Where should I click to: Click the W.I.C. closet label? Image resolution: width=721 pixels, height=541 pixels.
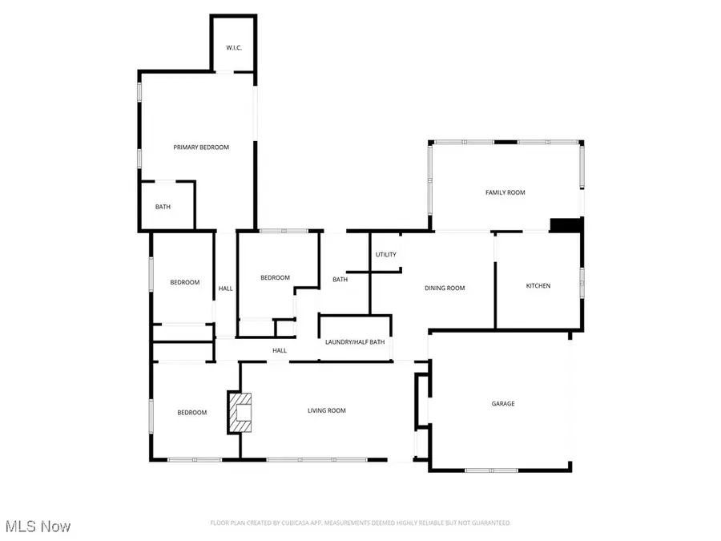234,48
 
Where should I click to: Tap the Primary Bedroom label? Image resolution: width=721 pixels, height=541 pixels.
201,147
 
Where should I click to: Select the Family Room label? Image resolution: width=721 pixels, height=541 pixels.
505,192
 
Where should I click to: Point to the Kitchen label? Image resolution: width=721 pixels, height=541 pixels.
538,286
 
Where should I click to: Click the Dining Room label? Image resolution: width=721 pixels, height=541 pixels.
445,289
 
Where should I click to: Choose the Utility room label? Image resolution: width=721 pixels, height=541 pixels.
385,255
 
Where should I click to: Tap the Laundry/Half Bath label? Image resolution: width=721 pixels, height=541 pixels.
355,342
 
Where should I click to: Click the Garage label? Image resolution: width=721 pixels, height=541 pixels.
503,404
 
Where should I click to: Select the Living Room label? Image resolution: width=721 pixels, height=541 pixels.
327,410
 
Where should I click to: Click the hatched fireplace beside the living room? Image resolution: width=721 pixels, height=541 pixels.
239,412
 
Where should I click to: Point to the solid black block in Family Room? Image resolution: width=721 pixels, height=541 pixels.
566,225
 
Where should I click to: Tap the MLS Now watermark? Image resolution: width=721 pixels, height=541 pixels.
38,527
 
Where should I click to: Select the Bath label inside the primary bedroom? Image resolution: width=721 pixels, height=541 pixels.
163,207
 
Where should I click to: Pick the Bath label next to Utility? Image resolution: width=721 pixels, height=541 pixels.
340,280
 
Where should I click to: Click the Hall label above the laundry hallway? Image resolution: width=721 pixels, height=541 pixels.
280,350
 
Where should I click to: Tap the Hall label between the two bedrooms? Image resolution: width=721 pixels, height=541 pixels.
226,289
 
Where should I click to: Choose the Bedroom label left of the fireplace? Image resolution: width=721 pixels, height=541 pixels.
191,413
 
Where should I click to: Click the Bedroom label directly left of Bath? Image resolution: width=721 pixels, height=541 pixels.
275,278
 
